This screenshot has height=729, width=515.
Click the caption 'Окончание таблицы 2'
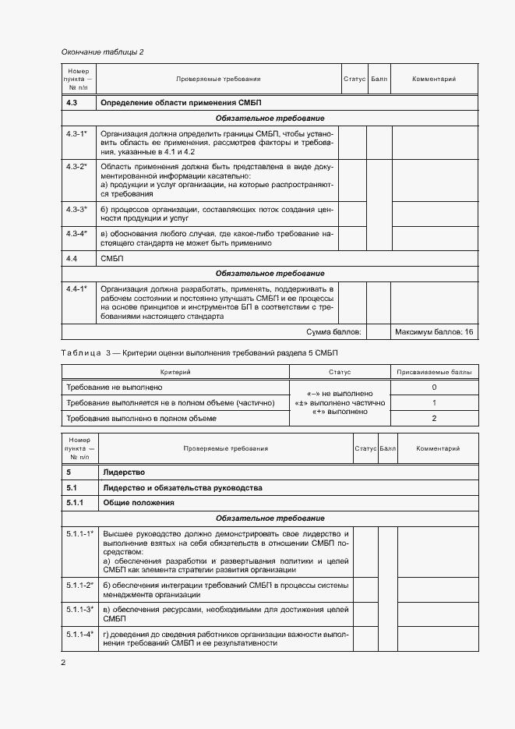pyautogui.click(x=103, y=52)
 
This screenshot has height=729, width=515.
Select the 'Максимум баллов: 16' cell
pyautogui.click(x=434, y=332)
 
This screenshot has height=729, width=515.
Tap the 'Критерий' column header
pyautogui.click(x=175, y=373)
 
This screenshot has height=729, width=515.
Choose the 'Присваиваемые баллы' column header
pyautogui.click(x=434, y=373)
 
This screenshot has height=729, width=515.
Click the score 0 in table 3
pyautogui.click(x=434, y=388)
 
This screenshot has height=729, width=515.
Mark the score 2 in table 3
pyautogui.click(x=434, y=419)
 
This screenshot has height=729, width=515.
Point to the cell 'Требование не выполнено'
pyautogui.click(x=115, y=388)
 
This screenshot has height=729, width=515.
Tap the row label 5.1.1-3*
pyautogui.click(x=79, y=609)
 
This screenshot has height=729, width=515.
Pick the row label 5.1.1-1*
pyautogui.click(x=79, y=533)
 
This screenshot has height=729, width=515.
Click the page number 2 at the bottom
pyautogui.click(x=63, y=663)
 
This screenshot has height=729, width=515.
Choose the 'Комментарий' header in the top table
pyautogui.click(x=433, y=79)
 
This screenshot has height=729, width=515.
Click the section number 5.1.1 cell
pyautogui.click(x=77, y=503)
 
